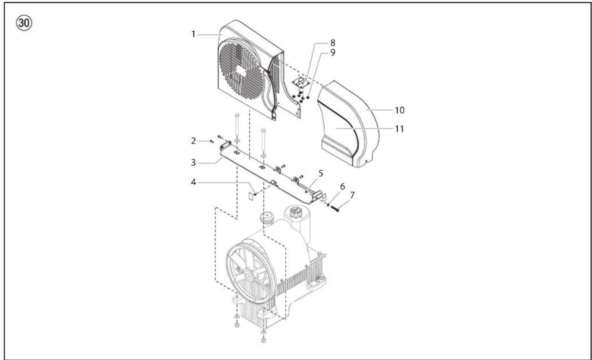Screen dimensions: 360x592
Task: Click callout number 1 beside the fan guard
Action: (x=194, y=34)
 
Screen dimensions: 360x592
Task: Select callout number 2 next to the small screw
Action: (x=194, y=141)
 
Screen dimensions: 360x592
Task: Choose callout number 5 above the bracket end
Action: (x=320, y=174)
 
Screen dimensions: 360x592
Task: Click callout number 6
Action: (x=342, y=187)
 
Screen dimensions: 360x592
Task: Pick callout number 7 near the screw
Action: (x=352, y=195)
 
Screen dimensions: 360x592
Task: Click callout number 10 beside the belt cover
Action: (x=400, y=110)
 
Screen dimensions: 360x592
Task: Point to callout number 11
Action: (x=400, y=128)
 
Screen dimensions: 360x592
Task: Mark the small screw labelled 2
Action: (x=211, y=141)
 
